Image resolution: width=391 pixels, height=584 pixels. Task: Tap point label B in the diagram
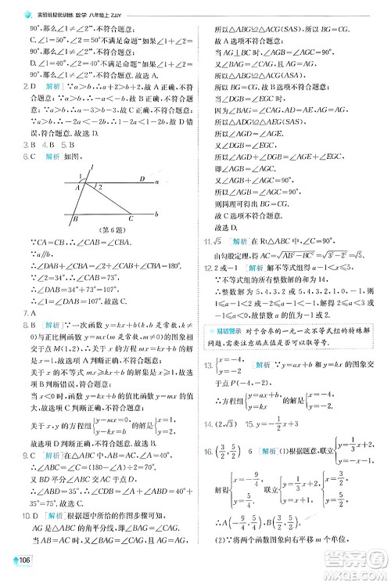pos(75,219)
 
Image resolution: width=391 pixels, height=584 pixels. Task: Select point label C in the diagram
pos(130,218)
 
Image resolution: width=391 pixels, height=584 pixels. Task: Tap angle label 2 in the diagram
pos(99,187)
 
